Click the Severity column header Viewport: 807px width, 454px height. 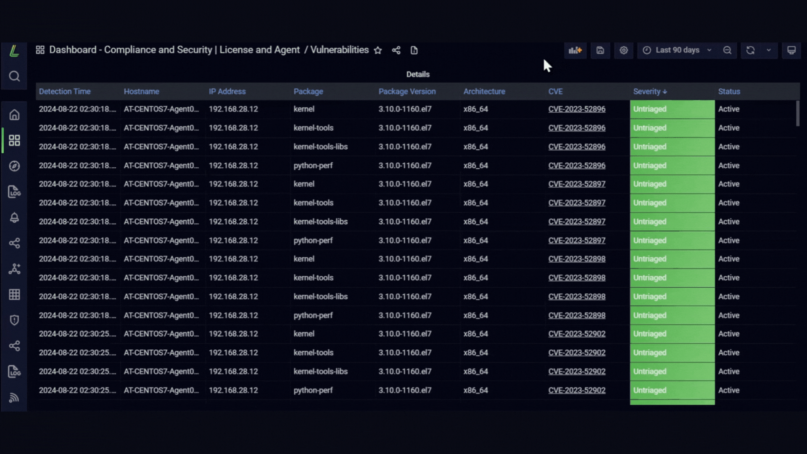[650, 91]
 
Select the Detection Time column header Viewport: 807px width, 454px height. [65, 91]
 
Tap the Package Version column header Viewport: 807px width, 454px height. [407, 91]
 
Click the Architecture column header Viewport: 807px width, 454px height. [484, 91]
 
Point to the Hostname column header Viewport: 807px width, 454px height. [141, 91]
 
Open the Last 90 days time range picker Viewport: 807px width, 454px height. [677, 50]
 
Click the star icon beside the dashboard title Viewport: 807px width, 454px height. [378, 50]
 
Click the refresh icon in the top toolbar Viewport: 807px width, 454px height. [750, 50]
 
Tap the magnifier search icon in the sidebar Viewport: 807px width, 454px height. [14, 76]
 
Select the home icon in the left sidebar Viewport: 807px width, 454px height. [14, 115]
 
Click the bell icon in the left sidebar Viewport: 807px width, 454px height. [14, 217]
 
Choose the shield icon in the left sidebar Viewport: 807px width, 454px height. [14, 320]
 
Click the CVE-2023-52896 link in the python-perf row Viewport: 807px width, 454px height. [577, 166]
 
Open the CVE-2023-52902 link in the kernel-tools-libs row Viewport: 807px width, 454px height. [577, 372]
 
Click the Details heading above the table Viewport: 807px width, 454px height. [418, 74]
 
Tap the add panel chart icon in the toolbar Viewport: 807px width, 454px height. [575, 50]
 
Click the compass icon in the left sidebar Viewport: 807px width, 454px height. [14, 166]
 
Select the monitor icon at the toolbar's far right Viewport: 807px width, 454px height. [791, 50]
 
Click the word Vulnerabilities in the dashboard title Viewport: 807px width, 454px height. [340, 50]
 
